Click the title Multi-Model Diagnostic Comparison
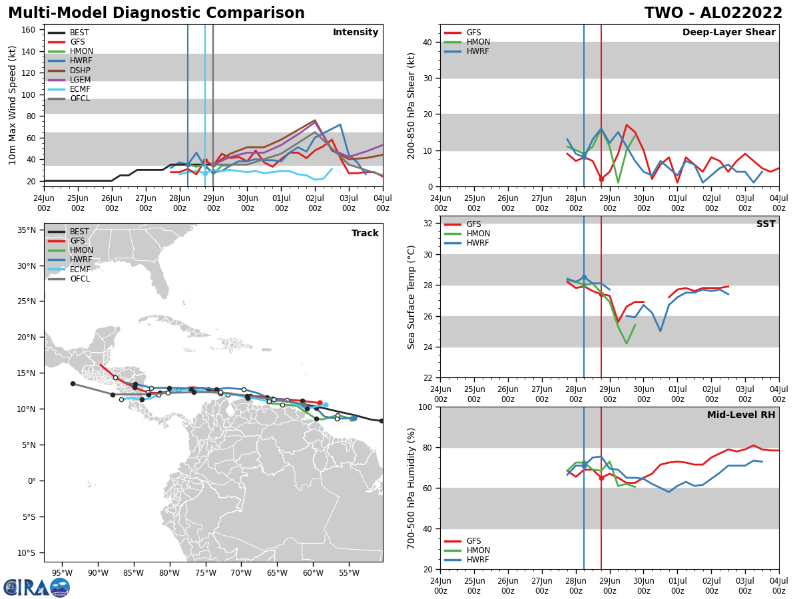pyautogui.click(x=156, y=13)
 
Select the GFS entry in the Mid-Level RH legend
pyautogui.click(x=473, y=541)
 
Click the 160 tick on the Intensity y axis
pyautogui.click(x=29, y=30)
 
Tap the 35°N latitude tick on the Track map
pyautogui.click(x=27, y=230)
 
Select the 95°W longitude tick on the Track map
pyautogui.click(x=62, y=572)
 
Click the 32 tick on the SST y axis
pyautogui.click(x=428, y=224)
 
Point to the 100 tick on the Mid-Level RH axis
pyautogui.click(x=425, y=407)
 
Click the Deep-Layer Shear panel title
pyautogui.click(x=728, y=33)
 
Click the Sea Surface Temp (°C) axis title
pyautogui.click(x=411, y=297)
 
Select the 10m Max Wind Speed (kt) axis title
pyautogui.click(x=13, y=105)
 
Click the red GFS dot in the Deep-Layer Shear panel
pyautogui.click(x=601, y=179)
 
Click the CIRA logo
pyautogui.click(x=37, y=587)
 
